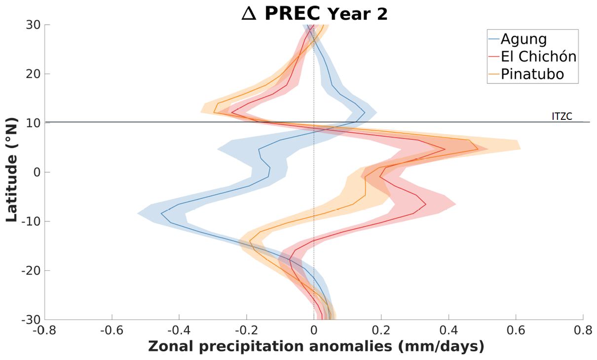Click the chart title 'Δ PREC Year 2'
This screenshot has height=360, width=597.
pyautogui.click(x=314, y=13)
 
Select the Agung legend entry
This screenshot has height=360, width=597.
pyautogui.click(x=523, y=38)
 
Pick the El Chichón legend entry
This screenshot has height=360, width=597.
pyautogui.click(x=538, y=56)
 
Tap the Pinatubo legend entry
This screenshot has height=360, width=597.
pyautogui.click(x=532, y=74)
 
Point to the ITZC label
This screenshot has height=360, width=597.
pyautogui.click(x=561, y=117)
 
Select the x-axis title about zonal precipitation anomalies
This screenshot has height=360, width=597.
pyautogui.click(x=316, y=347)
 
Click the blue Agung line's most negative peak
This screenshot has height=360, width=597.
pyautogui.click(x=161, y=213)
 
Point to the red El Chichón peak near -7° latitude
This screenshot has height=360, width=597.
pyautogui.click(x=425, y=204)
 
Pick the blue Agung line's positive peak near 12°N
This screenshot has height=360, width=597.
pyautogui.click(x=365, y=112)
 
